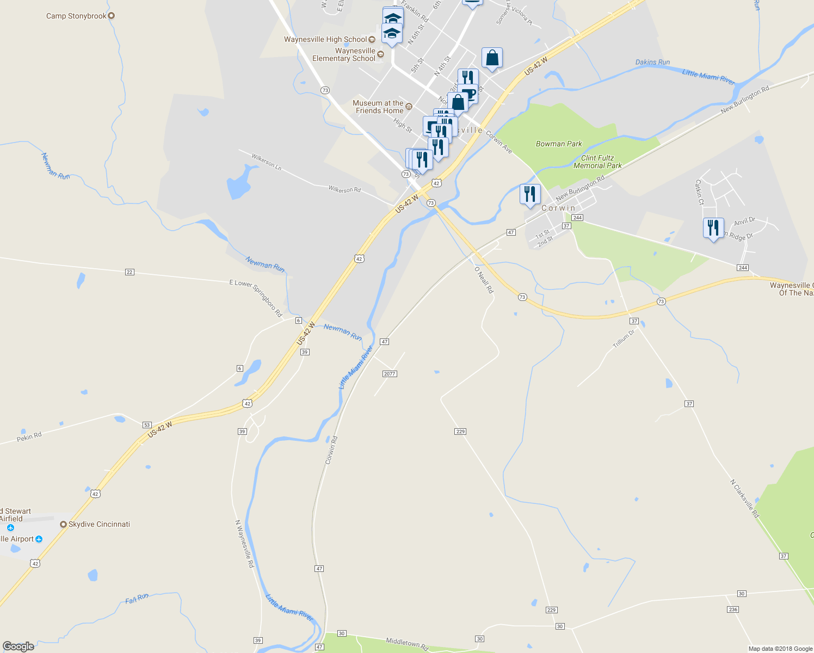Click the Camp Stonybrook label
(x=76, y=16)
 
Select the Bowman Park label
(x=559, y=144)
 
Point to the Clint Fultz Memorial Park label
(x=597, y=162)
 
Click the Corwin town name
(x=558, y=208)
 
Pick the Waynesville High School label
(x=325, y=39)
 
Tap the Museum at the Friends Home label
(x=378, y=107)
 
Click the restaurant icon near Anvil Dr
(x=713, y=227)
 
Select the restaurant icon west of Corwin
(x=529, y=194)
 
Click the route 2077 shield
(x=390, y=374)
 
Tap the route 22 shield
(x=129, y=272)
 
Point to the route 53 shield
(x=147, y=424)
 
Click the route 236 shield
(x=733, y=609)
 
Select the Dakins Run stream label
(x=652, y=62)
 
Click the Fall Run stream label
(x=137, y=599)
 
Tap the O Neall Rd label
(x=484, y=280)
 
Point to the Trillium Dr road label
(x=624, y=339)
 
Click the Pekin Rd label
(x=29, y=436)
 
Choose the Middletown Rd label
(x=408, y=644)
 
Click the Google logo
(x=18, y=646)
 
